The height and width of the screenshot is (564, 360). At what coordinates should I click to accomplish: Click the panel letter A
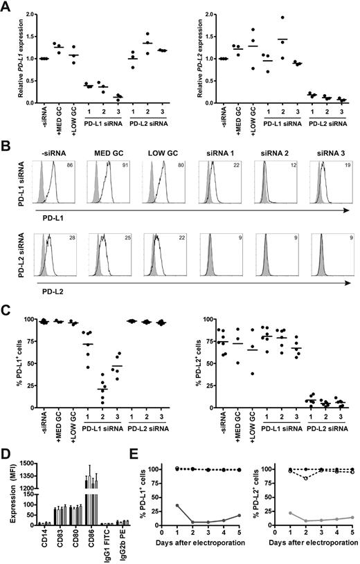click(x=6, y=6)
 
